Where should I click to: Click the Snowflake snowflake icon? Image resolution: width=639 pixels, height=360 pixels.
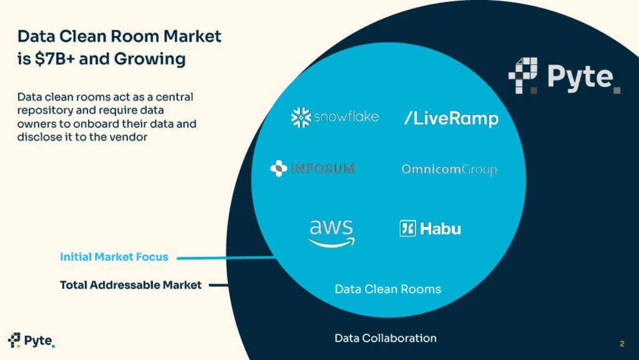[x=301, y=118]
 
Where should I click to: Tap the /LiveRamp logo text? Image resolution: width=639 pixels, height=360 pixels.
[x=451, y=119]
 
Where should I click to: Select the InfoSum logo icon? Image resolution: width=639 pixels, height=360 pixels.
[x=279, y=169]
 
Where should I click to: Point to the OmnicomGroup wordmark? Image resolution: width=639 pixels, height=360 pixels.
[x=449, y=170]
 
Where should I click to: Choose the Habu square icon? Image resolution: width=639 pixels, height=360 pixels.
[x=408, y=228]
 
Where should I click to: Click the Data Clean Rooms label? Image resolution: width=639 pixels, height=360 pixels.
[x=388, y=289]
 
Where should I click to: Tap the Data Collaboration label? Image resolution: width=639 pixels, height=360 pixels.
[x=385, y=338]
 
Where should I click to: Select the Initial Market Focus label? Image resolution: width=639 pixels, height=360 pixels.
[x=114, y=257]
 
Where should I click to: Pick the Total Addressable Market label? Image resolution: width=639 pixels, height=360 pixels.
[x=131, y=285]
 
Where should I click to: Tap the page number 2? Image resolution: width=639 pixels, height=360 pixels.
[x=622, y=344]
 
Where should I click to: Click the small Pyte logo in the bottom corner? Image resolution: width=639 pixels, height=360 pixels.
[x=31, y=341]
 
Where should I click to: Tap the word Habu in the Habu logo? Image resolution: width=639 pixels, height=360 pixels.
[x=440, y=229]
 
